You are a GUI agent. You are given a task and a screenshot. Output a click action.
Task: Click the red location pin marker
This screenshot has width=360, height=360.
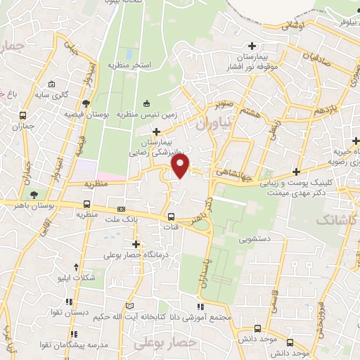(181, 165)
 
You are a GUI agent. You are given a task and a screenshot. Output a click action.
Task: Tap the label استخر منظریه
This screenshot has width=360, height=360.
(129, 65)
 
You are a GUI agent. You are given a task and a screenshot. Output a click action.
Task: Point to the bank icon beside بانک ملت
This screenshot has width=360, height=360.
(121, 209)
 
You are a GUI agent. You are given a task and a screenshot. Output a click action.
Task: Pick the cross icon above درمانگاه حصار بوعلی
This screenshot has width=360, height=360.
(136, 244)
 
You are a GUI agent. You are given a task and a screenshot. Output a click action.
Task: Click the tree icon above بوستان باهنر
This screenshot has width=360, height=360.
(32, 194)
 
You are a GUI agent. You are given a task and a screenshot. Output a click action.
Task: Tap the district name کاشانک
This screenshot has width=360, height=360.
(335, 220)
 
